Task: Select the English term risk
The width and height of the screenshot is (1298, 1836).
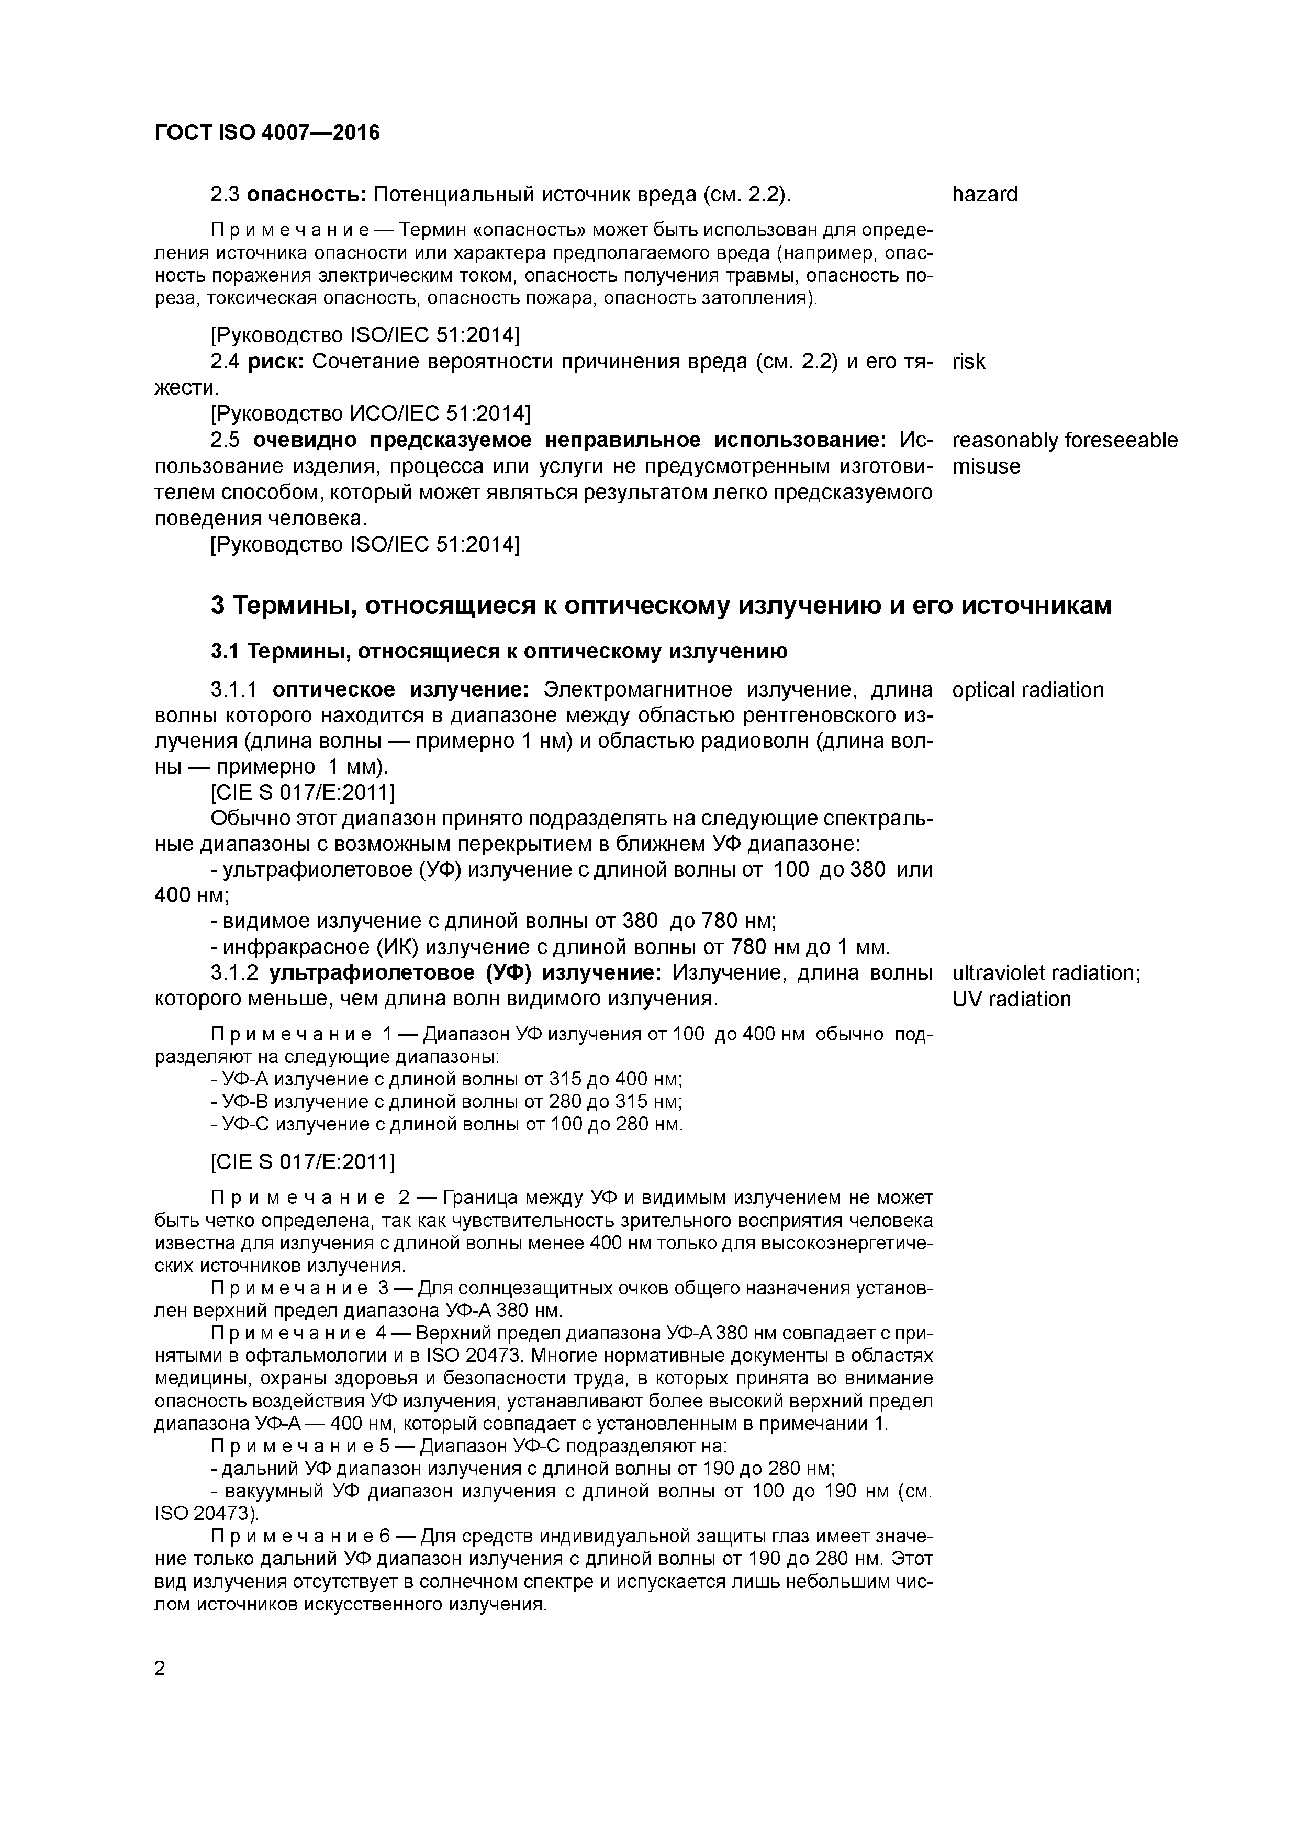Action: [x=968, y=362]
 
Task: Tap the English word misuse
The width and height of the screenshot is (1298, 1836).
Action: [x=986, y=466]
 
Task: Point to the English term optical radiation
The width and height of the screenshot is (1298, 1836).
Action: [x=1028, y=690]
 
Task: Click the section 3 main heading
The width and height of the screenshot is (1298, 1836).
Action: [x=661, y=606]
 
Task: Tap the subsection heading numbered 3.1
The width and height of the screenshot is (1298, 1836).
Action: [x=499, y=652]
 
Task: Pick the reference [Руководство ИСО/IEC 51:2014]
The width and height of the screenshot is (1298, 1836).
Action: [x=370, y=413]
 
